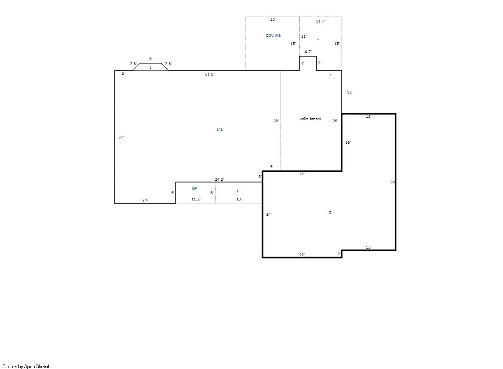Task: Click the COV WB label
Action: (x=273, y=36)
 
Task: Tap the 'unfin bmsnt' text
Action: (x=310, y=119)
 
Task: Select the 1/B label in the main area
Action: (x=219, y=129)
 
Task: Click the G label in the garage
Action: (x=330, y=213)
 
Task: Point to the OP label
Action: (x=194, y=188)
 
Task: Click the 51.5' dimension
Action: (x=209, y=75)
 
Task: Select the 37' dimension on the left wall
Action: (x=121, y=137)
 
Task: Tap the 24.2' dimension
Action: (x=219, y=179)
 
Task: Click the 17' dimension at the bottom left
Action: (x=145, y=201)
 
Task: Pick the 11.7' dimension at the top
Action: (x=320, y=21)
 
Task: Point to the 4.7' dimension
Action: (x=308, y=52)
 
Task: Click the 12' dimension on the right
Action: (x=350, y=92)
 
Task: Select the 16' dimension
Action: (x=348, y=142)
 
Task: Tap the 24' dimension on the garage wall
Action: (x=269, y=214)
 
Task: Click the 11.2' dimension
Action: (x=196, y=199)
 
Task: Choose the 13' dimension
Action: (x=239, y=199)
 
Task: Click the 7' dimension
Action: (x=330, y=75)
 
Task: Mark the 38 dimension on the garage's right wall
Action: (x=392, y=182)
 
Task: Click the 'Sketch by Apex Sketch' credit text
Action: (x=27, y=366)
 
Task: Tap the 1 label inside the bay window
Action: (x=150, y=68)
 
